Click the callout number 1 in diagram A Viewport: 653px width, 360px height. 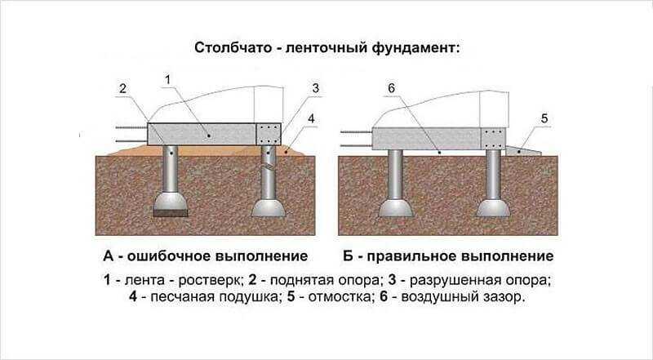pos(168,79)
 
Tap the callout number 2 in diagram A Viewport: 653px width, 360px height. pos(122,89)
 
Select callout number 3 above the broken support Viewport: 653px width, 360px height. pos(315,88)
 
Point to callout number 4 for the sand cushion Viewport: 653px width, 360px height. pos(311,118)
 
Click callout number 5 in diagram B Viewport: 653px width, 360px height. pos(544,118)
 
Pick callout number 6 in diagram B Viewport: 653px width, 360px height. pos(392,88)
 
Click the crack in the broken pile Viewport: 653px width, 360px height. pos(269,168)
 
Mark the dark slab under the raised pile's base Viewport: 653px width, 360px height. pos(171,213)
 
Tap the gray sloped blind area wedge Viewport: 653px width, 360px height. pos(523,151)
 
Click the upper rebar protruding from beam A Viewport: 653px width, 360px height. pos(131,127)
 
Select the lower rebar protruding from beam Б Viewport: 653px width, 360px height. pos(357,146)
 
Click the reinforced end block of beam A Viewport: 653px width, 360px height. pos(269,134)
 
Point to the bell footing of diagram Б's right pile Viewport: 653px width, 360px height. pos(494,208)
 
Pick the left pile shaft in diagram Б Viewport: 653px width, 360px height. pos(395,175)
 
